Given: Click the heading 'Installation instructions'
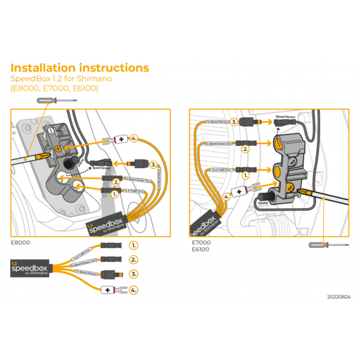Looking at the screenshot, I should [79, 68].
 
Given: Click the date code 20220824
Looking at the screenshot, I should [338, 297].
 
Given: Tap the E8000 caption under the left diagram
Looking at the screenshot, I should [21, 242].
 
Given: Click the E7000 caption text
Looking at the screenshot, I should [202, 242].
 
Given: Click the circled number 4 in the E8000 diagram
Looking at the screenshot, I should [134, 139].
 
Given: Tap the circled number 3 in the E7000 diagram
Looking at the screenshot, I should [234, 122].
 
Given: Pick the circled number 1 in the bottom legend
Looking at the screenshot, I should [133, 245].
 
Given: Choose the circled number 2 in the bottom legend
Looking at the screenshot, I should [133, 260].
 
